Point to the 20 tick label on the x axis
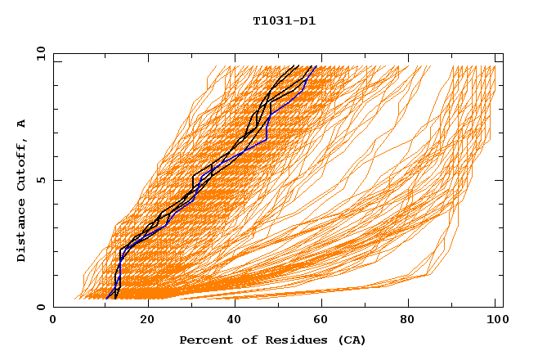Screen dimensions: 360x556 click(147, 321)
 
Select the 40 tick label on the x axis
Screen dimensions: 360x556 click(235, 321)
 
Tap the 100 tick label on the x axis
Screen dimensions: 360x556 click(495, 321)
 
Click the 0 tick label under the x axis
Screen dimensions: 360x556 click(53, 321)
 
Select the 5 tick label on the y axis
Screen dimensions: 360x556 click(40, 180)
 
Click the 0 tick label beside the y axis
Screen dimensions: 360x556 click(40, 307)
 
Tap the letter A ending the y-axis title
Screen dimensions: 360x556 click(22, 124)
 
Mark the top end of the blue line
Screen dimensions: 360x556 click(316, 66)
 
